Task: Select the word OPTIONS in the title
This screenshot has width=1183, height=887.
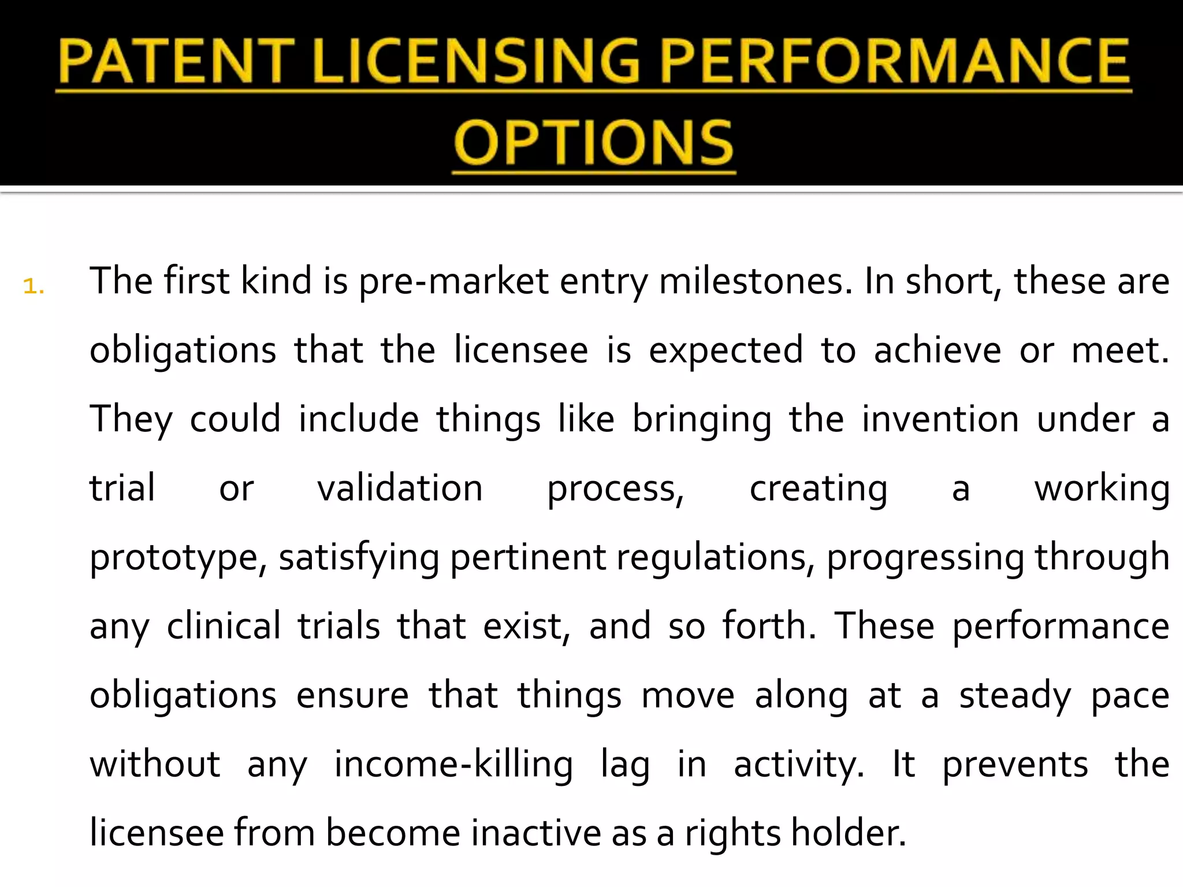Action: click(x=594, y=143)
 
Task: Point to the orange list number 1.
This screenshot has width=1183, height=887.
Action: click(x=34, y=286)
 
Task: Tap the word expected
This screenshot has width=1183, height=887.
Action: click(x=726, y=351)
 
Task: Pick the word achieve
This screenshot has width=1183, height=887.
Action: click(x=937, y=351)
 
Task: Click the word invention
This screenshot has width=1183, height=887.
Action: click(x=940, y=419)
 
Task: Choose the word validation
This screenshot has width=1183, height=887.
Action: click(x=400, y=489)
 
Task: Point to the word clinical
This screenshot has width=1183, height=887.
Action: click(x=224, y=627)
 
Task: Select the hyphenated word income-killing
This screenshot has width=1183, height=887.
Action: click(x=453, y=765)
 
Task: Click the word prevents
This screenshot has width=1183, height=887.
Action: click(x=1015, y=765)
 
